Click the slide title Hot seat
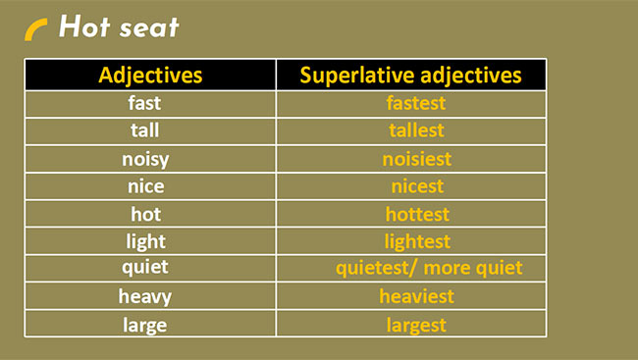(119, 27)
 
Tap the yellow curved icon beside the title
(36, 30)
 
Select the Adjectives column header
(150, 75)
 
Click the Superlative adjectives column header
(410, 75)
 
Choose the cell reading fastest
(415, 102)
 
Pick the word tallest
(416, 129)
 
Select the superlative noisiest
(416, 158)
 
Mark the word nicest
(416, 185)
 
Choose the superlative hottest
(416, 213)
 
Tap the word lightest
(416, 241)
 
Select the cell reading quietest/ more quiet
(429, 268)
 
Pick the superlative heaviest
(416, 295)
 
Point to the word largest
(416, 324)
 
